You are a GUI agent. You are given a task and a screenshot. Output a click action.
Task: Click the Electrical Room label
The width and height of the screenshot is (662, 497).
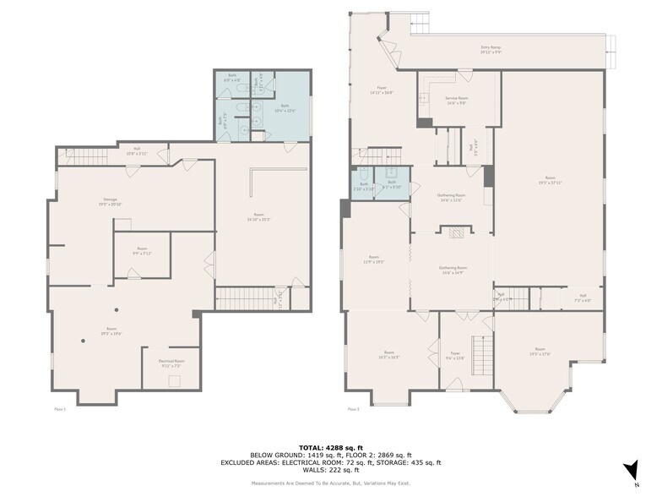click(x=171, y=363)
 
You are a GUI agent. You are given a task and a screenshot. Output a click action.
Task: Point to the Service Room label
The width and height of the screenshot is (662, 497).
click(x=457, y=101)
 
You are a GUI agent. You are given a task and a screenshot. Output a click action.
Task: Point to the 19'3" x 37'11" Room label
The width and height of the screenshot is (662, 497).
click(x=549, y=179)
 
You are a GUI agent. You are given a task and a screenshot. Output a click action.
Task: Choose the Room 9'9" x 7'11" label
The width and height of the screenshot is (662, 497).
click(x=143, y=251)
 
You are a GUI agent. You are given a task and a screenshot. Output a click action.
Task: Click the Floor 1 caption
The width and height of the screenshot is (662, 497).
click(x=58, y=408)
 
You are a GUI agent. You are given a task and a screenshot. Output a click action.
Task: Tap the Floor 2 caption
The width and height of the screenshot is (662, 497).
click(x=352, y=408)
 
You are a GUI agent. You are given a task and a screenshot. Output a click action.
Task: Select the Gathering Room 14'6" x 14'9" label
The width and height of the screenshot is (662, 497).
click(x=453, y=270)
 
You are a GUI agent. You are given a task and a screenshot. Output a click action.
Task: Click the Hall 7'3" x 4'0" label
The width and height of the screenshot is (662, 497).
click(x=583, y=298)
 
